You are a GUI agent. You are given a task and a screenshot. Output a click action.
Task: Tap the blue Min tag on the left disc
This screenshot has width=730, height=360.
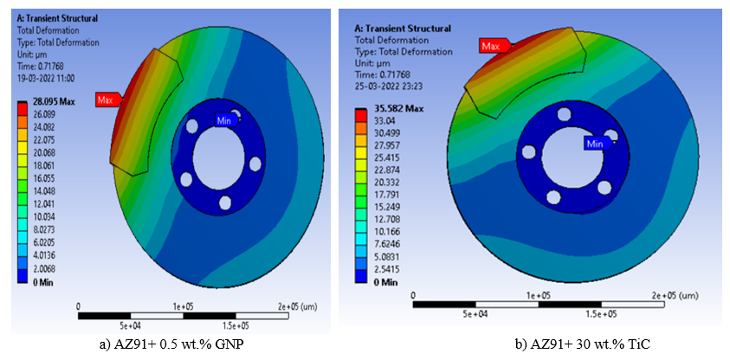(x=224, y=120)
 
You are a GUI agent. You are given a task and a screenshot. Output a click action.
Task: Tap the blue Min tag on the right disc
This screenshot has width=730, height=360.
(x=594, y=143)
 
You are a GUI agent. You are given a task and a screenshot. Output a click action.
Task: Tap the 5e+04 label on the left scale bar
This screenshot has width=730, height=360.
(x=130, y=326)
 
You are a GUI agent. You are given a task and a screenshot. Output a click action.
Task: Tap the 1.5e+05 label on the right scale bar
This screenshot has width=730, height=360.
(x=601, y=313)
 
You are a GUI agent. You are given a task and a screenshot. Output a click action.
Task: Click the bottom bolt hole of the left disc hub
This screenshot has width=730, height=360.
(x=224, y=202)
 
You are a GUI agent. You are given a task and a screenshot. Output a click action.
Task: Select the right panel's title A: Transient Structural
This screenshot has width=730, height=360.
(x=404, y=29)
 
